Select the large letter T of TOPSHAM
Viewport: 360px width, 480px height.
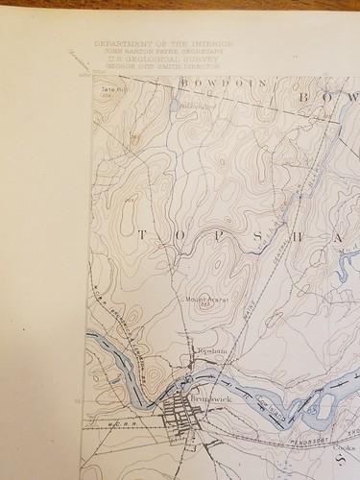click(145, 235)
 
